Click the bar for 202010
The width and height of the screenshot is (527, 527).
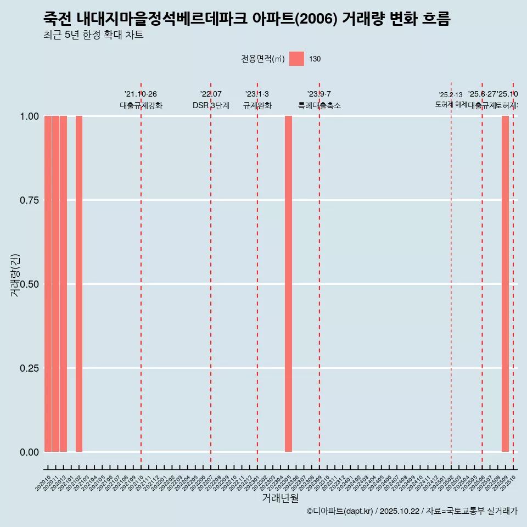tap(48, 284)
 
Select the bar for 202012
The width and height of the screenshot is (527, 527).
tap(64, 284)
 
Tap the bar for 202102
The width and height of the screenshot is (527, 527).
tap(79, 284)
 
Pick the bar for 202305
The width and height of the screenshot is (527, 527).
tap(288, 284)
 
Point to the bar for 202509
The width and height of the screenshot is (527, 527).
tap(505, 284)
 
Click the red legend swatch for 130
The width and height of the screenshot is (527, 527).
tap(296, 59)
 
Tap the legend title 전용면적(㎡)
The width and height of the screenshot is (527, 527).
tap(263, 59)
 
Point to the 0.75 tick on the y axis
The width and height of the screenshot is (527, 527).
tap(29, 200)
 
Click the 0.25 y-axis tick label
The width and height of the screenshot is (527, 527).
tap(29, 368)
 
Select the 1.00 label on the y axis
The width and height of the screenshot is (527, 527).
tap(29, 116)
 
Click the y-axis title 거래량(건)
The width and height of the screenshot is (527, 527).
tap(15, 276)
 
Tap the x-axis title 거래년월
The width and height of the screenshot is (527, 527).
tap(281, 498)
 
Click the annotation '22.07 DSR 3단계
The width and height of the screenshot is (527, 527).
tap(211, 100)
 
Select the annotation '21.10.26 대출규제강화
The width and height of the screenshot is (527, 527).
tap(141, 100)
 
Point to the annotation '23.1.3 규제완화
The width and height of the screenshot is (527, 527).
tap(257, 100)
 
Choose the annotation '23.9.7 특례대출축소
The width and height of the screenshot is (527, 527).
tap(319, 100)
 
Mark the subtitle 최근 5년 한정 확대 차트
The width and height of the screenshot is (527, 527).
tap(93, 36)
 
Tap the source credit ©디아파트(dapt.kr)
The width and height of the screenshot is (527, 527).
tap(340, 511)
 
